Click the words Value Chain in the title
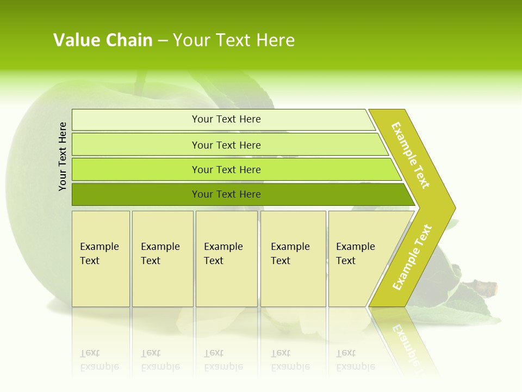click(103, 40)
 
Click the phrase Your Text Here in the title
click(234, 40)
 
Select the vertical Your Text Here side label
click(63, 157)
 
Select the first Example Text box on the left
click(101, 259)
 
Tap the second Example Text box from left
click(162, 259)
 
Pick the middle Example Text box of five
click(226, 259)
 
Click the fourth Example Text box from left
click(293, 259)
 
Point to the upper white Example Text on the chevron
click(411, 155)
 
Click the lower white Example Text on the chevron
click(412, 258)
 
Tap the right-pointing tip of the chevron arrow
click(452, 207)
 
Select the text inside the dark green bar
click(226, 194)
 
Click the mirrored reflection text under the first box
click(100, 360)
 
